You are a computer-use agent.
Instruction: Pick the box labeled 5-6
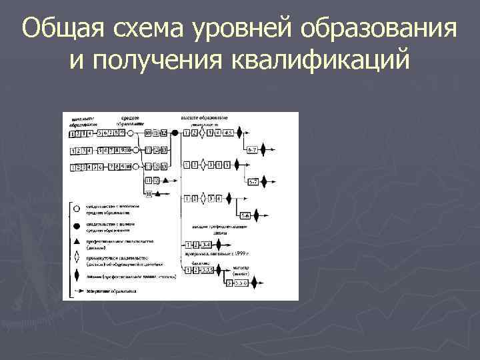click(245, 215)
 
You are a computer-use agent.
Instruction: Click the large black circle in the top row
click(175, 133)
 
